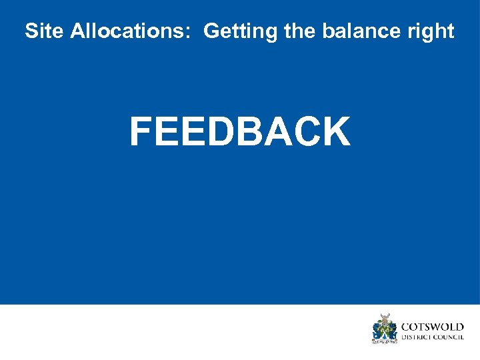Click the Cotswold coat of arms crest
[384, 327]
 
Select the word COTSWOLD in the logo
[432, 327]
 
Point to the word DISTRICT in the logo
[416, 337]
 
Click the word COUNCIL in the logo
[449, 337]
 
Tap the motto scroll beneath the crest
[384, 341]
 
